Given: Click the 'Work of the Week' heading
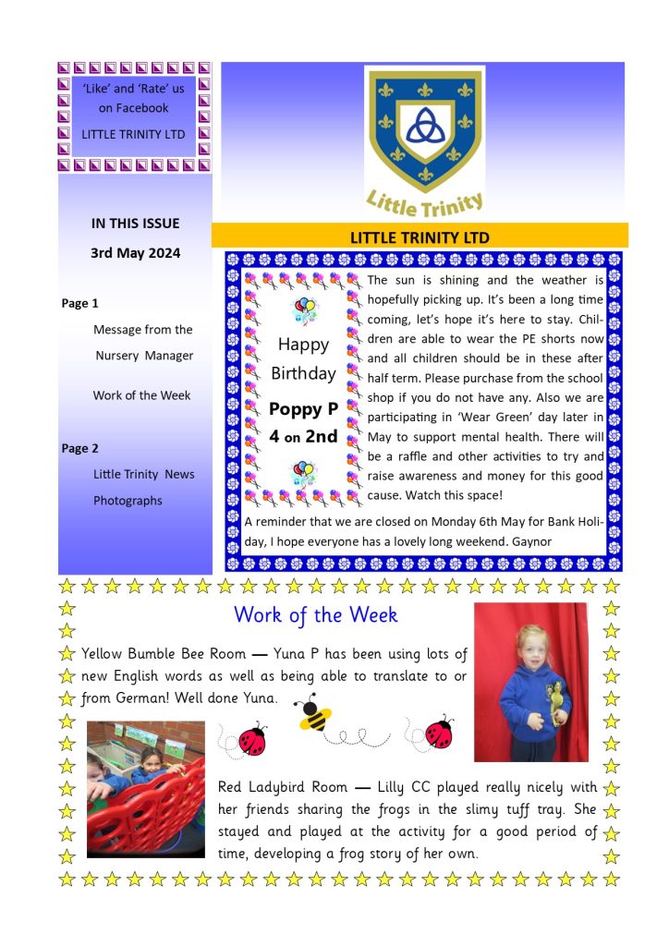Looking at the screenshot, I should coord(316,614).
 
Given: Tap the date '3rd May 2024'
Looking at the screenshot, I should coord(135,252).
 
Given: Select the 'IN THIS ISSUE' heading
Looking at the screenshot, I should coord(135,223).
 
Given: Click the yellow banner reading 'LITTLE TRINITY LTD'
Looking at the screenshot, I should coord(420,237).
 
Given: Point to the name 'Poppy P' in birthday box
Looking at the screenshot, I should coord(303,408).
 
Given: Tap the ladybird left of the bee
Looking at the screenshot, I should coord(251,739).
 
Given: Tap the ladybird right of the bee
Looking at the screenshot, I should coord(440,732).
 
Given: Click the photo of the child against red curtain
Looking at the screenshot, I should coord(530,682).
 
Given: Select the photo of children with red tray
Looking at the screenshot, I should coord(146,789).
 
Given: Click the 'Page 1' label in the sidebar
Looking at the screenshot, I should coord(79,303).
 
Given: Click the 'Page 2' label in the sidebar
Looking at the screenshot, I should coord(79,448).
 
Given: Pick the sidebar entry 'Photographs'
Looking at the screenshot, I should coord(128,501).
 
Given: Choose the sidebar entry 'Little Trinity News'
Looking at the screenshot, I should coord(143,474).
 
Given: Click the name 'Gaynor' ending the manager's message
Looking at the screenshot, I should coord(532,541).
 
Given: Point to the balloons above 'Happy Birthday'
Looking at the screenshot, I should coord(303,310).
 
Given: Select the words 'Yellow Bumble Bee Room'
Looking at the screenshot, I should coord(164,654).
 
